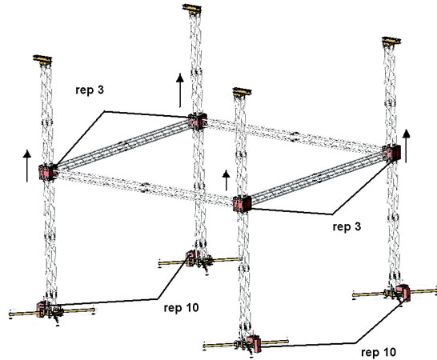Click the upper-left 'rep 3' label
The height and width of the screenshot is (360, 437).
coord(90,90)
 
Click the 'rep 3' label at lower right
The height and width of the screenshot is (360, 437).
coord(347,226)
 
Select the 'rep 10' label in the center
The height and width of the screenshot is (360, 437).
coord(181,308)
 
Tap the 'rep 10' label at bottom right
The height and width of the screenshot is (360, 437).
coord(379,352)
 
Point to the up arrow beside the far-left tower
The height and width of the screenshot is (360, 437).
coord(27,166)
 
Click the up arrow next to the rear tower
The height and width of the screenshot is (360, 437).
coord(180,90)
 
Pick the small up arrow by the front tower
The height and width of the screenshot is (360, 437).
coord(227,180)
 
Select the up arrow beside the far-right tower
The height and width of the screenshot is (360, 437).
coord(407,146)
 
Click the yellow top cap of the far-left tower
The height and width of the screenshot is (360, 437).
coord(42,59)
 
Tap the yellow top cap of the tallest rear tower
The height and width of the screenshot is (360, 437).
coord(192,8)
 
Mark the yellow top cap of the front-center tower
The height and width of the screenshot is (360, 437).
coord(243,92)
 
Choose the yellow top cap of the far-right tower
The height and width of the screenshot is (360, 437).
coord(391,41)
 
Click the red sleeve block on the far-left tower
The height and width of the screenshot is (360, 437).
coord(46,173)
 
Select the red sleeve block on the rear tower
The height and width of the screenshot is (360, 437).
coord(197,122)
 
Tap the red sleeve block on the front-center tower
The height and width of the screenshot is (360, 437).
coord(243,204)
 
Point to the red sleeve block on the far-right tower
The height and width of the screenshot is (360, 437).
coord(392,154)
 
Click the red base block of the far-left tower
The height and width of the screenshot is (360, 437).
coord(42,310)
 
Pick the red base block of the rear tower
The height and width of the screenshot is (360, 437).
coord(192,258)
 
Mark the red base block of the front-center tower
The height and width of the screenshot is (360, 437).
coord(255,345)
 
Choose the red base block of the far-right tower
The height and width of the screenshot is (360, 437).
coord(403,293)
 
